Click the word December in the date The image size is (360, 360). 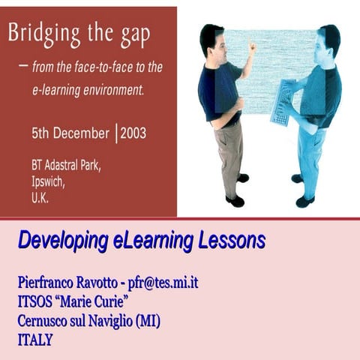coord(82,134)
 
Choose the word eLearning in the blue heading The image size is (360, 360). coord(154,242)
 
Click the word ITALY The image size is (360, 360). coord(35,340)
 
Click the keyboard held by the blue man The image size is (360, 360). coord(283,99)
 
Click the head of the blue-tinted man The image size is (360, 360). coord(328,39)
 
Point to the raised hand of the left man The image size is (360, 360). coord(252,46)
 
